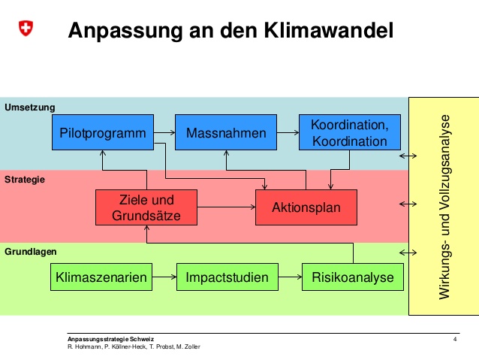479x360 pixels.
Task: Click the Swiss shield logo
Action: tap(26, 28)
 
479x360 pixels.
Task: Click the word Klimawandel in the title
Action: tap(328, 30)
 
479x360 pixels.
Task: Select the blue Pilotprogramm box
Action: tap(103, 132)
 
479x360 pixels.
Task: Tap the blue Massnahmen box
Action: tap(226, 132)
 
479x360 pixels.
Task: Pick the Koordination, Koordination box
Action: tap(350, 132)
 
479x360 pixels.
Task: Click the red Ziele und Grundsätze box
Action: tap(146, 207)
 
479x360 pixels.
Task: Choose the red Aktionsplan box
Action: tap(306, 207)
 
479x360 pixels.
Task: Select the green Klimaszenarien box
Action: tap(101, 277)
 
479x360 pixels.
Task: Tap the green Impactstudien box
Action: tap(227, 277)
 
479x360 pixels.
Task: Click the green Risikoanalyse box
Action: tap(353, 277)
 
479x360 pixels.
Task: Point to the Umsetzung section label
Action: tap(29, 107)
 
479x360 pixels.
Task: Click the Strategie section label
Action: tap(25, 180)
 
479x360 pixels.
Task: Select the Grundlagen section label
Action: tap(31, 252)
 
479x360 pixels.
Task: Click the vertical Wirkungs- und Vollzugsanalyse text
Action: tap(444, 207)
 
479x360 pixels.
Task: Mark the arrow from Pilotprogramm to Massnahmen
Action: tap(164, 132)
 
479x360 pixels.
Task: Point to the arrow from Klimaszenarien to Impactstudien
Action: tap(164, 277)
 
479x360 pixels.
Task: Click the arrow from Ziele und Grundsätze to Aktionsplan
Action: tap(227, 207)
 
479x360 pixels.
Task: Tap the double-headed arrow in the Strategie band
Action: tap(408, 204)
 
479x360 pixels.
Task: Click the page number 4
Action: tap(455, 339)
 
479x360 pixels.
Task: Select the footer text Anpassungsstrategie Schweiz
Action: tap(110, 339)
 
